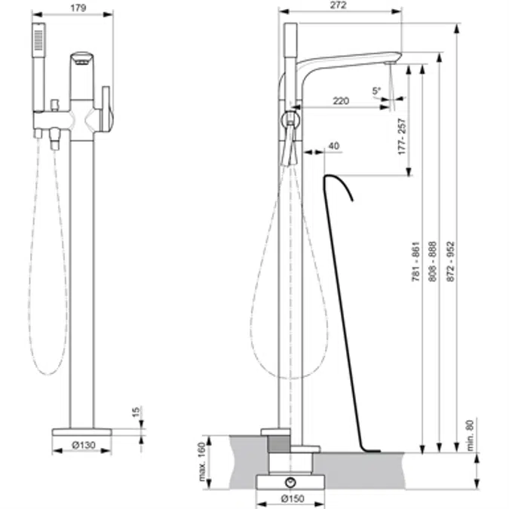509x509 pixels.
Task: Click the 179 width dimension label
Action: (78, 8)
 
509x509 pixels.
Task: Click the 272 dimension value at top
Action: (339, 5)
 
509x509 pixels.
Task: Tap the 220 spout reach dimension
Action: (341, 101)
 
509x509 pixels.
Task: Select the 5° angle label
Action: (376, 90)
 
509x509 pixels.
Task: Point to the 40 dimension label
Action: (334, 146)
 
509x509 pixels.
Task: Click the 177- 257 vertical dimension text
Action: (402, 136)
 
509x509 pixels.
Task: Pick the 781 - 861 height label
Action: (415, 261)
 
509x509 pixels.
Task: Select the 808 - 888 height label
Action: (433, 261)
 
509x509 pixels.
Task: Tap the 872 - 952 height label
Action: (451, 261)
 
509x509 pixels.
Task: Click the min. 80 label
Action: (470, 435)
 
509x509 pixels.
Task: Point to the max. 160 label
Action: (201, 462)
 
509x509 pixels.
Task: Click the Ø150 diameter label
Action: (293, 498)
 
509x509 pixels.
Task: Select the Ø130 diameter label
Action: (84, 445)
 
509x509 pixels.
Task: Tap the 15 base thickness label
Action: (136, 412)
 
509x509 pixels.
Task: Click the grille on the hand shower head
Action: (38, 40)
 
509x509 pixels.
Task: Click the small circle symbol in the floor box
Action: (290, 483)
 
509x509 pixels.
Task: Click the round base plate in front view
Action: (81, 432)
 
